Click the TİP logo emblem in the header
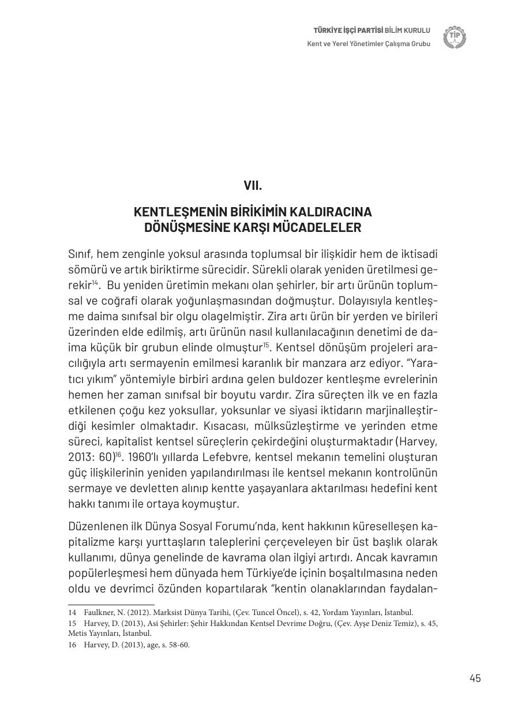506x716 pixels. pyautogui.click(x=455, y=37)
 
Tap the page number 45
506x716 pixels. pyautogui.click(x=475, y=678)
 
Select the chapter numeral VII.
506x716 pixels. pyautogui.click(x=253, y=186)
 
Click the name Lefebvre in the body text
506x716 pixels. pyautogui.click(x=223, y=457)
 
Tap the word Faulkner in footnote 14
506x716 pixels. pyautogui.click(x=99, y=613)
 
